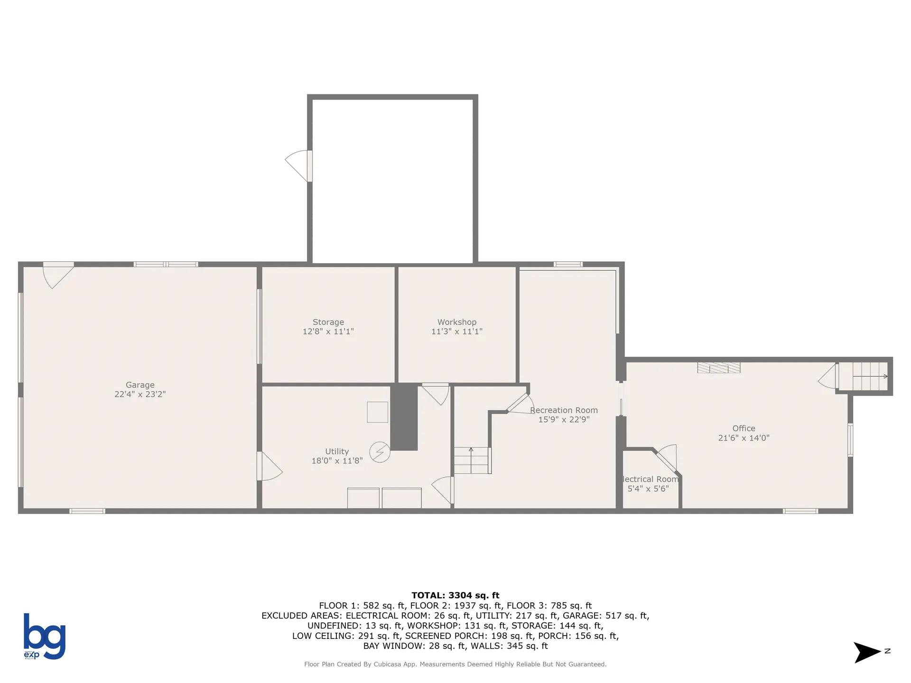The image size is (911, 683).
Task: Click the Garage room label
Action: tap(140, 385)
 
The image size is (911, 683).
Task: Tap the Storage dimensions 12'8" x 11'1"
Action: tap(328, 332)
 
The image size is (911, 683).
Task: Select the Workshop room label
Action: tap(456, 322)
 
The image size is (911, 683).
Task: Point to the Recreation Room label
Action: tap(564, 410)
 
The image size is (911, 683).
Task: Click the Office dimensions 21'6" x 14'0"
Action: tap(744, 438)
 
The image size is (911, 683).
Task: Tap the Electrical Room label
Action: tap(650, 479)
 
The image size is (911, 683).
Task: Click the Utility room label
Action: tap(337, 452)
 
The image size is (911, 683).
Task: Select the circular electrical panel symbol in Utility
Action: tap(380, 452)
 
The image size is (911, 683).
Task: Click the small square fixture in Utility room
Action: tap(377, 412)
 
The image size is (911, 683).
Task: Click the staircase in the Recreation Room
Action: tap(472, 460)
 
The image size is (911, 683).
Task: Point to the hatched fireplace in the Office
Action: tap(718, 368)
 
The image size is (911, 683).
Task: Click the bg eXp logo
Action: tap(44, 636)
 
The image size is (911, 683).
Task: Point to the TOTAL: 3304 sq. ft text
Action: tap(455, 595)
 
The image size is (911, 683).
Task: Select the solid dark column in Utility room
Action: tap(404, 417)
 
